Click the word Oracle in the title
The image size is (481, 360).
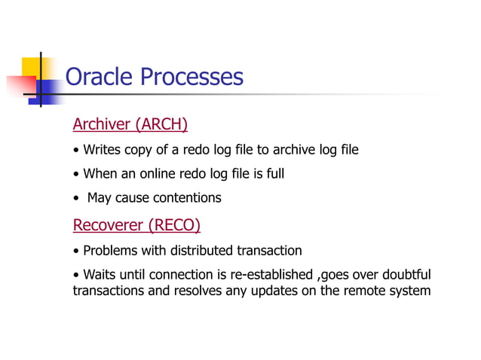point(100,77)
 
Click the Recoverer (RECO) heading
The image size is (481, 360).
point(136,224)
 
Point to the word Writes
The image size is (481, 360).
point(101,150)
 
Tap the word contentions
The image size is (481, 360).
point(187,198)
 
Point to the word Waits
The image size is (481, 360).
point(100,274)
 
